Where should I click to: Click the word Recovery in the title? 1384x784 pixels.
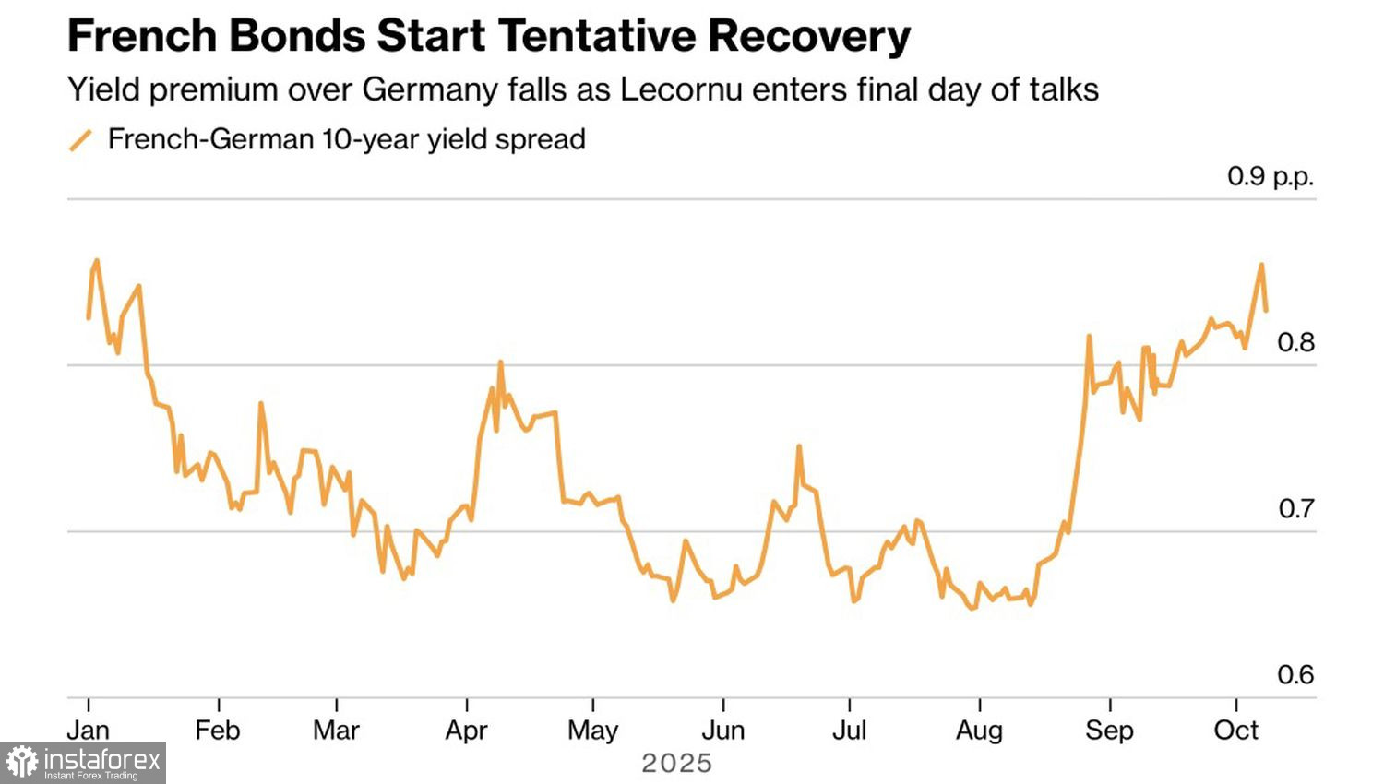809,37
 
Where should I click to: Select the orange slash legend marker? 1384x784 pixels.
81,140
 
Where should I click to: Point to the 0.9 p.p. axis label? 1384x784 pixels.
1270,176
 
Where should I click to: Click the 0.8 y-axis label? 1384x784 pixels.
1295,342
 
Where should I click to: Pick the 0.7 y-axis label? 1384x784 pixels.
1295,508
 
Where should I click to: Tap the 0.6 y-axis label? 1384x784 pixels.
1295,675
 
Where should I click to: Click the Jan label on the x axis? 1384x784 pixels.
89,731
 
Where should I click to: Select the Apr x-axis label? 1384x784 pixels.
466,731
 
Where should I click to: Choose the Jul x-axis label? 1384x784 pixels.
849,731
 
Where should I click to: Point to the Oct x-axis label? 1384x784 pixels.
1235,731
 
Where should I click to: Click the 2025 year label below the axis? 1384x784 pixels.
677,764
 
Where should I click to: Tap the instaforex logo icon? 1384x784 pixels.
22,763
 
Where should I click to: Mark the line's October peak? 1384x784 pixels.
1261,265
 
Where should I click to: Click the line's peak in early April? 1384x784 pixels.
500,362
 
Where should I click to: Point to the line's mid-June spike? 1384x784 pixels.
799,446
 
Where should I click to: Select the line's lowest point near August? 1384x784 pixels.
972,609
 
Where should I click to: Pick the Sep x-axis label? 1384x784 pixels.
1109,731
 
